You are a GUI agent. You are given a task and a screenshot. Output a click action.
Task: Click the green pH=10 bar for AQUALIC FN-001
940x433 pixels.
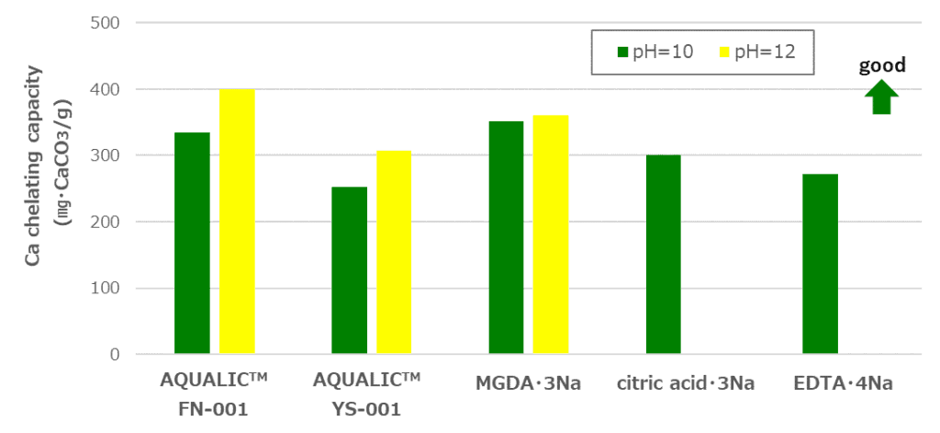click(192, 243)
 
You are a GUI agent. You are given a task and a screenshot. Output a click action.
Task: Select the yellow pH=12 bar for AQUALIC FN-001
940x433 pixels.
click(237, 222)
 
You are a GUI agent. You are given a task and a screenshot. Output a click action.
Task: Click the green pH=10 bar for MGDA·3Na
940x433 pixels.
click(506, 237)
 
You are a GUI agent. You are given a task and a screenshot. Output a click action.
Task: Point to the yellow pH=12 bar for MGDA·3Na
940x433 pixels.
click(551, 234)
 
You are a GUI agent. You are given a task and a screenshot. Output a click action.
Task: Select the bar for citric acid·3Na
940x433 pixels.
click(663, 255)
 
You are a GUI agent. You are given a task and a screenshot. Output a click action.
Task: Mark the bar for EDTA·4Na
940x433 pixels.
click(820, 264)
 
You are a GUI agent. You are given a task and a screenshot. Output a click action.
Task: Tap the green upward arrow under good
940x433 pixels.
click(882, 97)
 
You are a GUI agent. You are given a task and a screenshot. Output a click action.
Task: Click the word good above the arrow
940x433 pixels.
click(882, 65)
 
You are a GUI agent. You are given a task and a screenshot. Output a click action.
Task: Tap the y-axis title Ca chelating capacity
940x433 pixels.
click(35, 165)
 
